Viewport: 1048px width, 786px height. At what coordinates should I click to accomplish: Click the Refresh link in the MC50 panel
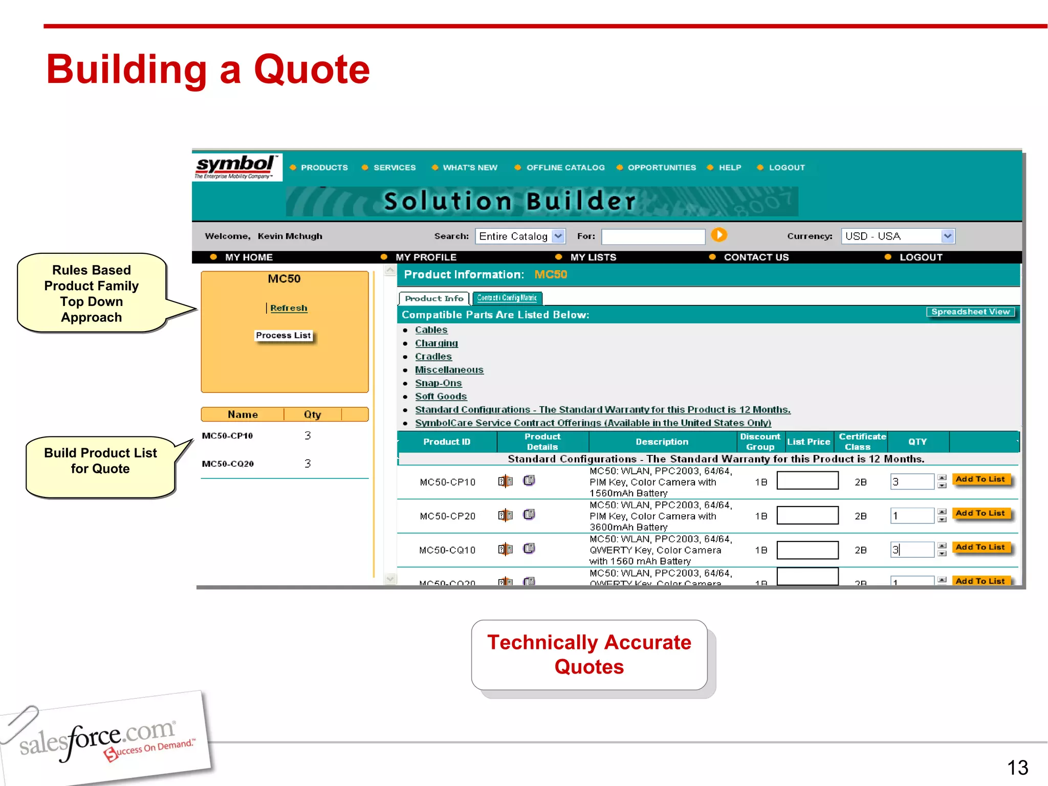coord(289,308)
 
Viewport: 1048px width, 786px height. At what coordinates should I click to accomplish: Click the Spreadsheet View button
coord(970,312)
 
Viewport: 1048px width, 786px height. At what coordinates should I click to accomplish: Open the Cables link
coord(431,330)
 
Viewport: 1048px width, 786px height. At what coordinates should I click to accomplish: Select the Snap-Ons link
coord(438,383)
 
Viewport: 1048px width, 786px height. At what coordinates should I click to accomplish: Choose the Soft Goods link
coord(441,397)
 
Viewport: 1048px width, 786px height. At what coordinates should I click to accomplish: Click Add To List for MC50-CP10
coord(980,479)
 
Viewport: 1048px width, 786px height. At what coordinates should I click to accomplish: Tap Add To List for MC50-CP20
coord(980,513)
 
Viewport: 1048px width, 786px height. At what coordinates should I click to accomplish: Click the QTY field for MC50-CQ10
coord(912,550)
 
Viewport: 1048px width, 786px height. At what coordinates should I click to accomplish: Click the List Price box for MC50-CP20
coord(807,515)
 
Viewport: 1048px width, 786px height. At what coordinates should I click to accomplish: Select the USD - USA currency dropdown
coord(898,236)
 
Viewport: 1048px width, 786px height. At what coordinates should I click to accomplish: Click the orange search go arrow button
coord(719,235)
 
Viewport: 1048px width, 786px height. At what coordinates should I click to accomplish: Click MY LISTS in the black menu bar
coord(593,257)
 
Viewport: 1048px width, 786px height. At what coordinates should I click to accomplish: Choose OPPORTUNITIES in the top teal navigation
coord(661,168)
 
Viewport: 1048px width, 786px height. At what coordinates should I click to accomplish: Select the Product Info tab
coord(434,298)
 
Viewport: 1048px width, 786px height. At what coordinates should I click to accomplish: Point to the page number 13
coord(1017,768)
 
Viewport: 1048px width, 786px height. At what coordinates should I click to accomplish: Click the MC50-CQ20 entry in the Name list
coord(228,464)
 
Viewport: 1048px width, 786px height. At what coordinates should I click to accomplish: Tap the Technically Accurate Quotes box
coord(589,655)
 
